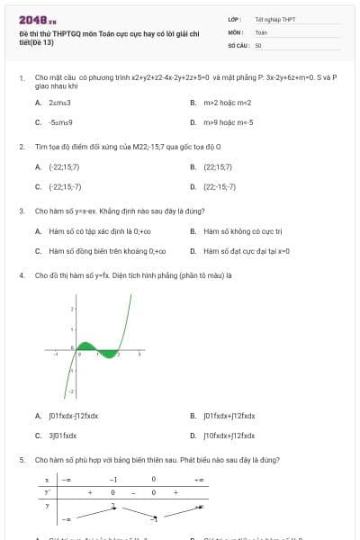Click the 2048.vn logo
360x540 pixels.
coord(37,19)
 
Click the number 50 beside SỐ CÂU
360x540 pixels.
coord(258,44)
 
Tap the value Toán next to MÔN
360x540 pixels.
coord(261,31)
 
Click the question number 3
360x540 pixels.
coord(21,211)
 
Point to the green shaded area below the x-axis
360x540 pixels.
coord(110,354)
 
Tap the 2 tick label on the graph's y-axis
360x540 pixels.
coord(71,309)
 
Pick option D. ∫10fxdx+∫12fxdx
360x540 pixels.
coord(229,436)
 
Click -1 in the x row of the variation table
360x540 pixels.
coord(113,480)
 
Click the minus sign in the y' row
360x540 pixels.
coord(133,492)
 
